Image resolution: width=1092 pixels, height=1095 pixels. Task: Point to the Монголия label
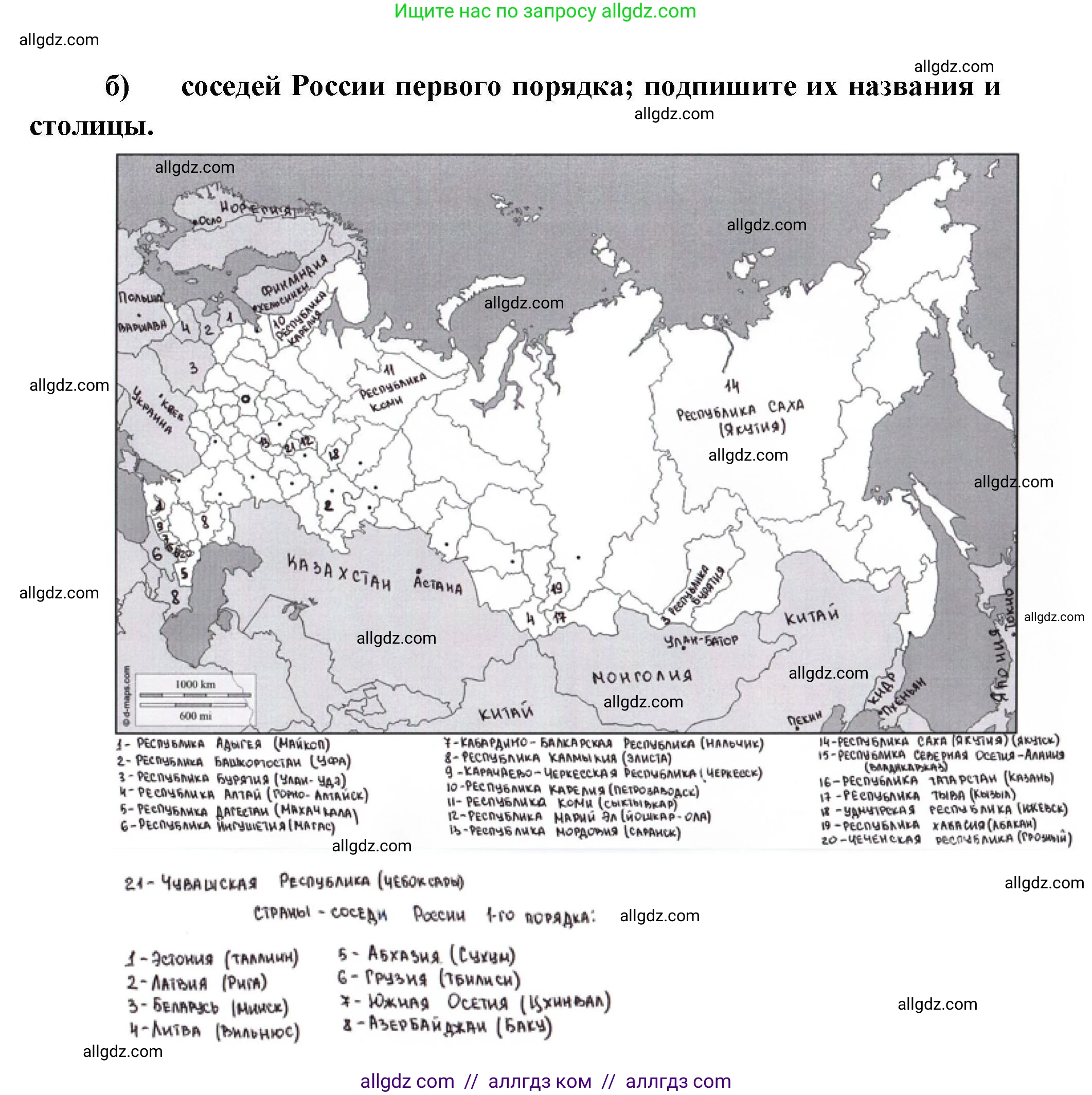pos(642,677)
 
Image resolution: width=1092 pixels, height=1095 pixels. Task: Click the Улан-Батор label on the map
pos(702,641)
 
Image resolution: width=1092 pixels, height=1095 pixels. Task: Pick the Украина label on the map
pos(151,410)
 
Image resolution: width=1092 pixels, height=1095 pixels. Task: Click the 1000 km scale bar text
pos(195,684)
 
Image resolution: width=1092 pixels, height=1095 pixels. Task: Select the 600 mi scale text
pos(195,716)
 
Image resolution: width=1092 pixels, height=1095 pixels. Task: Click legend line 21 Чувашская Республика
pos(294,883)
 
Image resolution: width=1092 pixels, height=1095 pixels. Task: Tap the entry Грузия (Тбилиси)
pos(428,978)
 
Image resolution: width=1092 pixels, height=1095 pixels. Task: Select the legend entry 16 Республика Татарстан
pos(936,780)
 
